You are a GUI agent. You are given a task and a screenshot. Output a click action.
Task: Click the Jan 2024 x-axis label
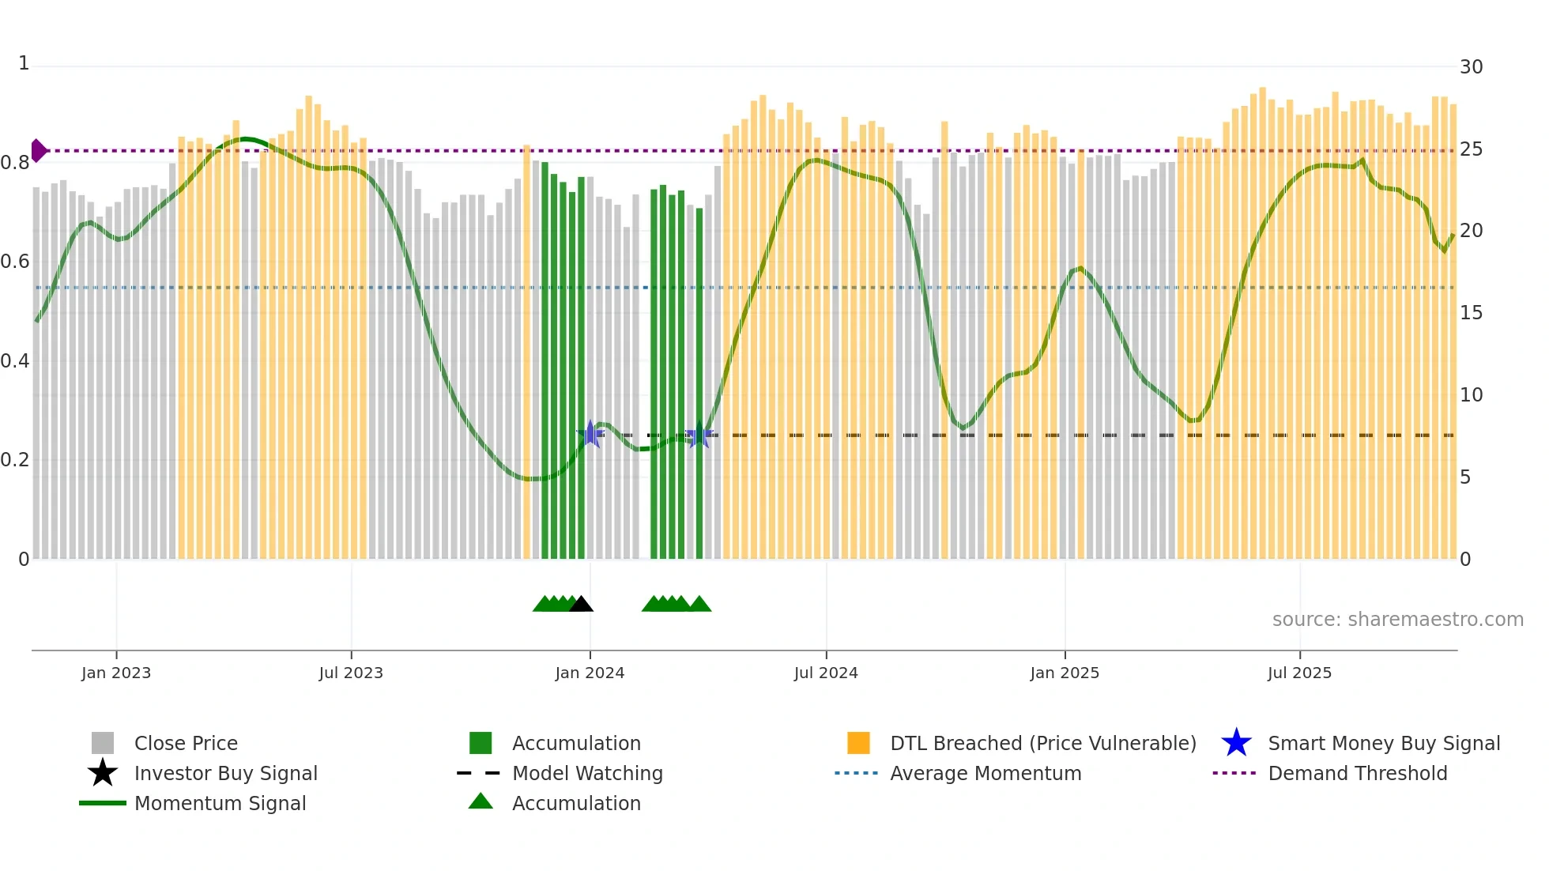pos(590,673)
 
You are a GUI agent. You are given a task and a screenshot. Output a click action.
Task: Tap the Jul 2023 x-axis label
pos(351,673)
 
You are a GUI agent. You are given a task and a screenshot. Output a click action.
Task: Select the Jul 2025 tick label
pos(1299,673)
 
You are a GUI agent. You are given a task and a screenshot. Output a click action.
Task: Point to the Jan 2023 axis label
pos(116,673)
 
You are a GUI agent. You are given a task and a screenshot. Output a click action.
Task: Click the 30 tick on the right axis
pos(1471,67)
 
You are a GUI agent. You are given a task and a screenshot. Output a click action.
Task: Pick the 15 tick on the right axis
pos(1471,313)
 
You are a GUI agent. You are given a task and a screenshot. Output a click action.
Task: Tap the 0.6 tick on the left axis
pos(15,262)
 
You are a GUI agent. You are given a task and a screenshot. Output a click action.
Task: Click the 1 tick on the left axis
pos(24,63)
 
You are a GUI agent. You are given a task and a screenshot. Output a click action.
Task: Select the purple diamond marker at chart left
pos(39,150)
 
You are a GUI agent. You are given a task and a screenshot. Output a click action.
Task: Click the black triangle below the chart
pos(581,605)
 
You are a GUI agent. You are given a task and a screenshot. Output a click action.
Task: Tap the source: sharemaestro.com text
pos(1397,620)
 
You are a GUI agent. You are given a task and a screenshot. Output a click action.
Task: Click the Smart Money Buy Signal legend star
pos(1236,743)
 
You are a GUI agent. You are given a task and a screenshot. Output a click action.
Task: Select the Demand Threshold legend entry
pos(1357,773)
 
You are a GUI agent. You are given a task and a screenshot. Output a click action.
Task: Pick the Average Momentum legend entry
pos(985,773)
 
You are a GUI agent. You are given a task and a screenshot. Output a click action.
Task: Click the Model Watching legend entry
pos(586,773)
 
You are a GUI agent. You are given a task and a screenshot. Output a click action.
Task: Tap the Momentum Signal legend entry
pos(220,803)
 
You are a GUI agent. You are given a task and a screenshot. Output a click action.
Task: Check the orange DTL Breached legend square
pos(858,743)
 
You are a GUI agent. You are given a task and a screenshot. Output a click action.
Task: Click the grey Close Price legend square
pos(103,743)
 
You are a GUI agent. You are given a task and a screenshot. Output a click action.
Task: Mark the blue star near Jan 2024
pos(590,434)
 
